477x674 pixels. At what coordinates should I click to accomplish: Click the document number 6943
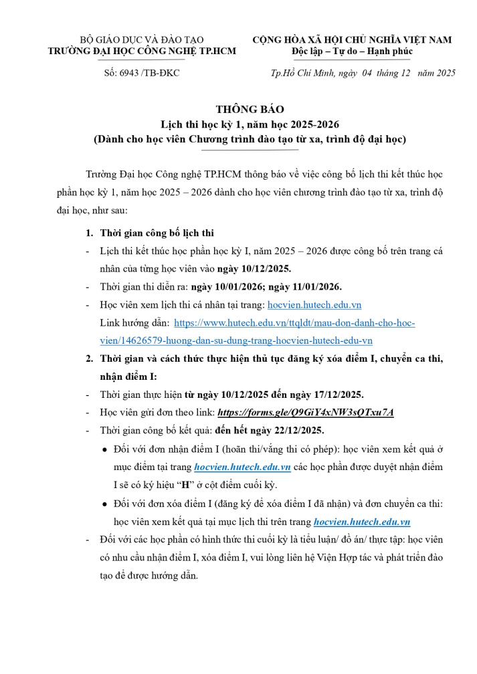click(x=132, y=72)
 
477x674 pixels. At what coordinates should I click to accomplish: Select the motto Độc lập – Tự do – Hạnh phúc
click(x=353, y=51)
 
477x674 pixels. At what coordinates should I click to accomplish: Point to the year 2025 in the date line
click(x=443, y=73)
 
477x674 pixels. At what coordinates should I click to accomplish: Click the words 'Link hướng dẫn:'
click(x=134, y=323)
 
